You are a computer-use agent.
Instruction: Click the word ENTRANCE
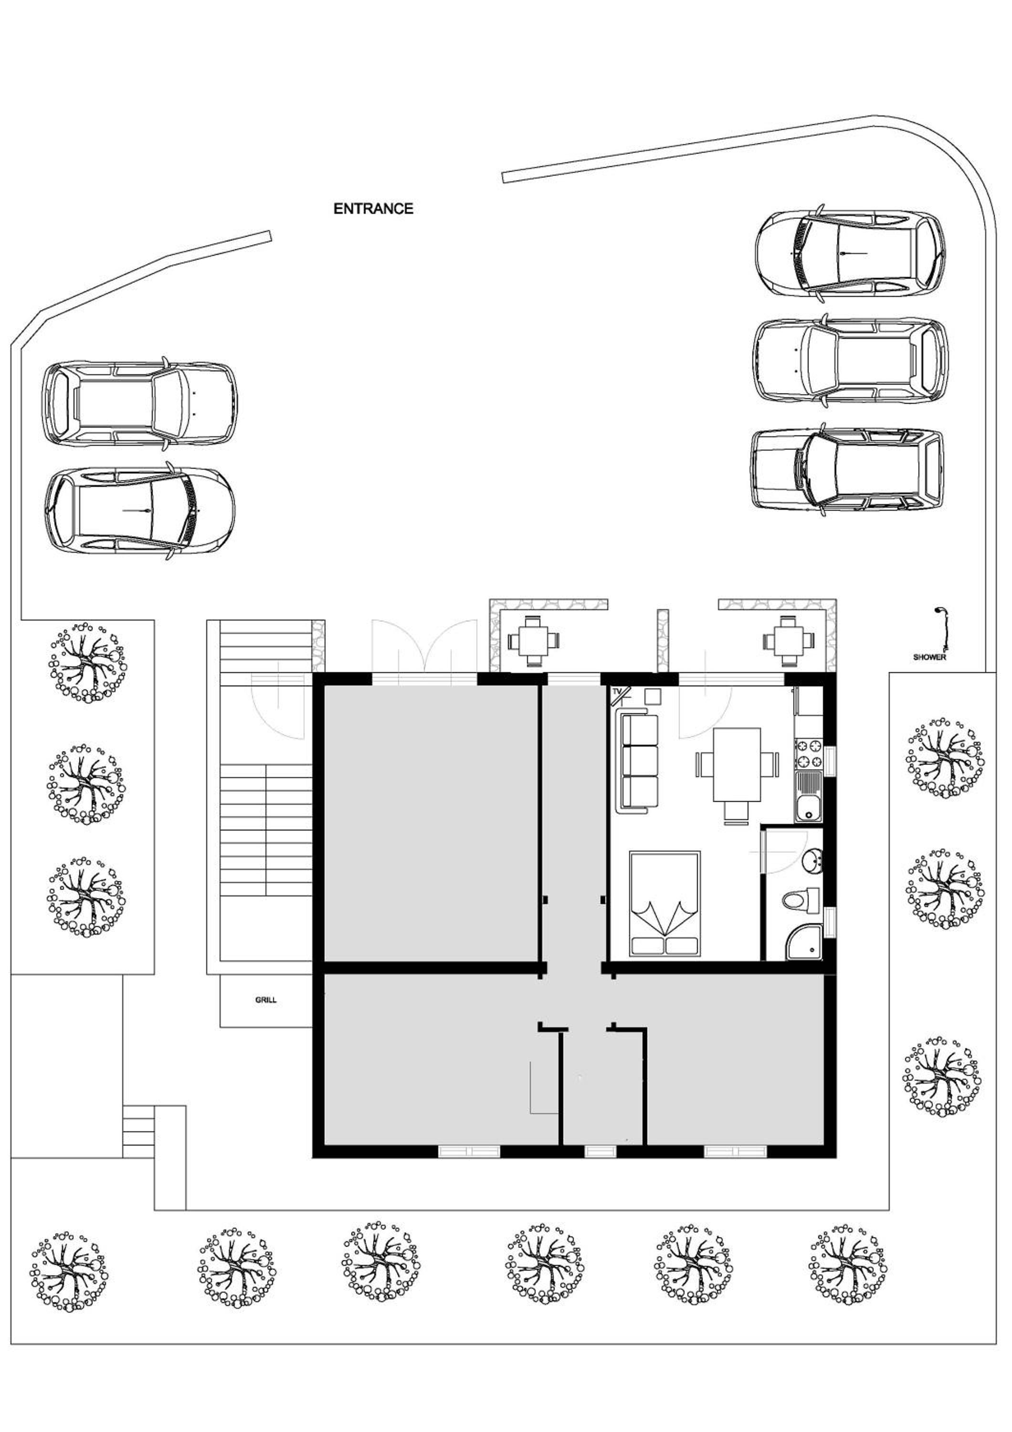373,208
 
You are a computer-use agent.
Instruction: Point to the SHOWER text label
929,657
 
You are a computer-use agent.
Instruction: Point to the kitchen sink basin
808,796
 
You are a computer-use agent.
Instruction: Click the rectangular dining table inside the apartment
737,765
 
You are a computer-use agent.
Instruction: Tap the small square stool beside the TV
653,695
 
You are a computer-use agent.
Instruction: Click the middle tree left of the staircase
85,784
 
